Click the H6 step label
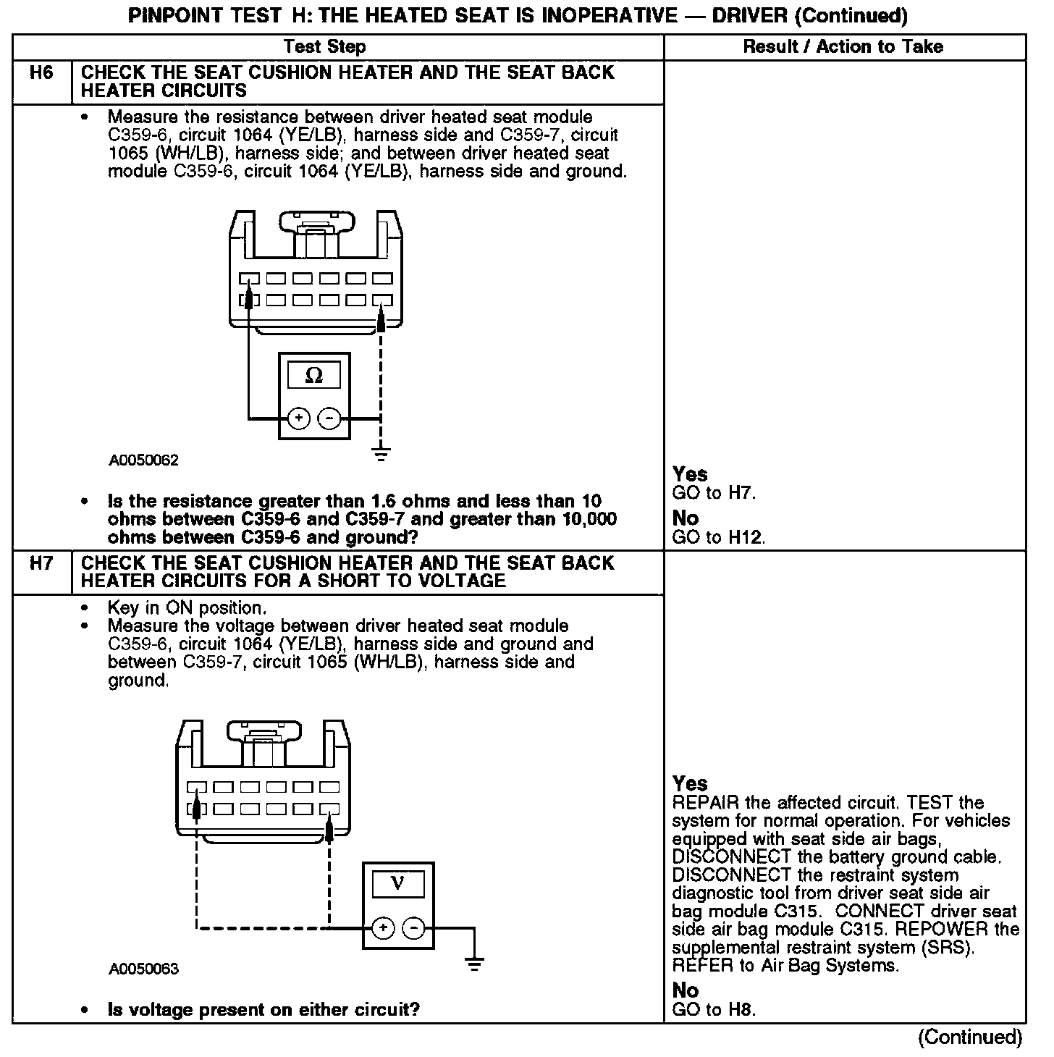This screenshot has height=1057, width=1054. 41,72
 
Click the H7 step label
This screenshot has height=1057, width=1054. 41,563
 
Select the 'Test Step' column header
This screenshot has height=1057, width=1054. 325,47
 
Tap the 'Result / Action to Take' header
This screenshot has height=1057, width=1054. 843,47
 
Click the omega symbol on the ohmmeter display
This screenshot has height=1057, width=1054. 314,375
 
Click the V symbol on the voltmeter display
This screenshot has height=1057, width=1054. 397,883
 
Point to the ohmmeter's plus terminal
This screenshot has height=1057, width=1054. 299,418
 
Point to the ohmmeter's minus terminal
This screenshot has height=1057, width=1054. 329,418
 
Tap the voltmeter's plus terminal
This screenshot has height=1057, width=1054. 383,927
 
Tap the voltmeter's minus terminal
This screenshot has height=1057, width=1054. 413,927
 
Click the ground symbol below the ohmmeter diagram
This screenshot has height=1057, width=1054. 381,455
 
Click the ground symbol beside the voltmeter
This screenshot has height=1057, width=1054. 475,964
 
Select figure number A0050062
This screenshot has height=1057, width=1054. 144,460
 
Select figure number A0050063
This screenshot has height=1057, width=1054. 144,969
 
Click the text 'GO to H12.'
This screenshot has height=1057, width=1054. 719,537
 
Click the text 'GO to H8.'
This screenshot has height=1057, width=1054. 714,1009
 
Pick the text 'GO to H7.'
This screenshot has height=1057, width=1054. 714,494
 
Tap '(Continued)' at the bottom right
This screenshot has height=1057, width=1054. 970,1037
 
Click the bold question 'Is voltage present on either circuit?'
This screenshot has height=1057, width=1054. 263,1009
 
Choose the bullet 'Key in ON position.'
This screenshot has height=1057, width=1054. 187,607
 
